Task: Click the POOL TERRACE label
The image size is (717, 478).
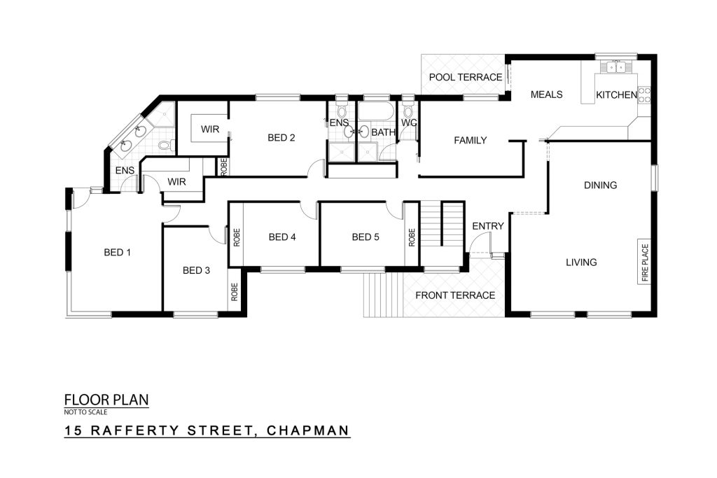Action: click(466, 77)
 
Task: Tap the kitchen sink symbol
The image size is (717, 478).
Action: click(616, 68)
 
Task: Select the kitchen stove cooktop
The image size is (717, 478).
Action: click(644, 94)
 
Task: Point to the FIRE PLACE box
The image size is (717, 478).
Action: click(644, 262)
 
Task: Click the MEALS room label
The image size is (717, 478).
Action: click(546, 94)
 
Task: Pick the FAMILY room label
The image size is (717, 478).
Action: click(470, 140)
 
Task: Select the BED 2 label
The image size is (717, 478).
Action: click(281, 138)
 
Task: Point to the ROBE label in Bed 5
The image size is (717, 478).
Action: click(412, 238)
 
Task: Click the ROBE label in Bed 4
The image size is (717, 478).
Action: click(237, 238)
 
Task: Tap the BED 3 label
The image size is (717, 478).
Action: click(196, 271)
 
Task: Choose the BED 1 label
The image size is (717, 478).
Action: click(118, 252)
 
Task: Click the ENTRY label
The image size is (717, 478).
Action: click(488, 226)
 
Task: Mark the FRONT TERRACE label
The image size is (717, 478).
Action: click(455, 295)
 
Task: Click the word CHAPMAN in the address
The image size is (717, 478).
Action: click(308, 430)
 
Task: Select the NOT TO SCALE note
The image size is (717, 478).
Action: click(85, 412)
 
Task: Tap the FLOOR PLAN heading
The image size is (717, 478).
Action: click(106, 400)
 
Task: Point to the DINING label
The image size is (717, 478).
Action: click(600, 185)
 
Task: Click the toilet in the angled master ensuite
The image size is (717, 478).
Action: click(165, 146)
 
